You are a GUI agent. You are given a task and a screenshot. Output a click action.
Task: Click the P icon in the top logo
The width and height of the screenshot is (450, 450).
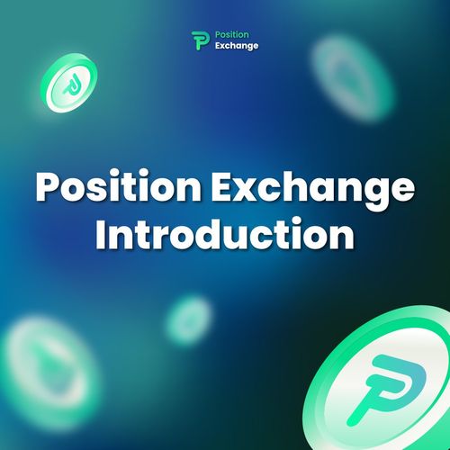pyautogui.click(x=201, y=40)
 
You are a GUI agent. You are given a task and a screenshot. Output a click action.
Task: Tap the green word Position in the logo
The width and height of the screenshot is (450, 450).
pyautogui.click(x=232, y=35)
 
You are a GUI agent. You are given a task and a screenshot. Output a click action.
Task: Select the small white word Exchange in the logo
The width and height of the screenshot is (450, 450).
pyautogui.click(x=237, y=46)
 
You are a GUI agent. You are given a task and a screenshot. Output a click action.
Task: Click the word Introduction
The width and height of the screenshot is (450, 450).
pyautogui.click(x=225, y=233)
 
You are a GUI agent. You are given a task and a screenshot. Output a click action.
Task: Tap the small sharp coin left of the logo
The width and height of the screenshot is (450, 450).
pyautogui.click(x=69, y=83)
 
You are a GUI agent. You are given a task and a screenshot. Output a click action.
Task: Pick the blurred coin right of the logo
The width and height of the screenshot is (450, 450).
pyautogui.click(x=353, y=79)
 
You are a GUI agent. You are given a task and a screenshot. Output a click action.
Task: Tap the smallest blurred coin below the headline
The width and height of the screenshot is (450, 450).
pyautogui.click(x=189, y=320)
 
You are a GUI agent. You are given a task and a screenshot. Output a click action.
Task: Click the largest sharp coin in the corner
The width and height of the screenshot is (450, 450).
pyautogui.click(x=379, y=380)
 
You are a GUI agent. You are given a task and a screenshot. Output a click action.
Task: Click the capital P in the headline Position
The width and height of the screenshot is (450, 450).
pyautogui.click(x=49, y=185)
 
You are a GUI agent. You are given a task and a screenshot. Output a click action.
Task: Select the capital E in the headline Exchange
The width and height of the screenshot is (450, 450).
pyautogui.click(x=223, y=185)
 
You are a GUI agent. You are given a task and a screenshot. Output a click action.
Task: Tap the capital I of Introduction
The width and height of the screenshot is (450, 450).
pyautogui.click(x=100, y=234)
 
